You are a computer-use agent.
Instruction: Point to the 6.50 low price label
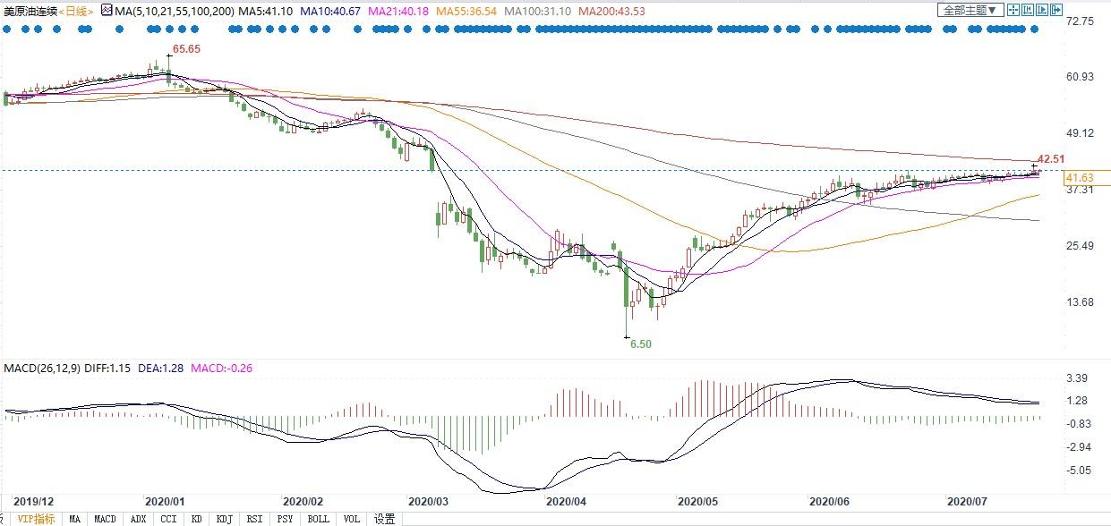tap(640, 344)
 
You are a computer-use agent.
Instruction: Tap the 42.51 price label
tap(1051, 159)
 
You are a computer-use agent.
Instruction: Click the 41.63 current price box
tap(1077, 177)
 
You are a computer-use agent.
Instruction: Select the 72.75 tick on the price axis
tap(1081, 21)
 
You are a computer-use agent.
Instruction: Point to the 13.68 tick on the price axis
tap(1081, 302)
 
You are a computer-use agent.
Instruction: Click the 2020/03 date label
tap(427, 502)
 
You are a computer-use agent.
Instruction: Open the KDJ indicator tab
tap(224, 519)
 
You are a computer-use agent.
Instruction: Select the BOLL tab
tap(318, 519)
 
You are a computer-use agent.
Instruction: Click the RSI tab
tap(254, 519)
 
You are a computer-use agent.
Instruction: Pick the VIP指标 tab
tap(37, 519)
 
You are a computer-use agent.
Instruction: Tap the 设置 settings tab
tap(385, 519)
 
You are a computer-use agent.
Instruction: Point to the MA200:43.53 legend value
tap(611, 11)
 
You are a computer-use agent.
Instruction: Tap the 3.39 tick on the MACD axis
tap(1077, 378)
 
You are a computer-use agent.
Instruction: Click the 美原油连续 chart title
tap(29, 11)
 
